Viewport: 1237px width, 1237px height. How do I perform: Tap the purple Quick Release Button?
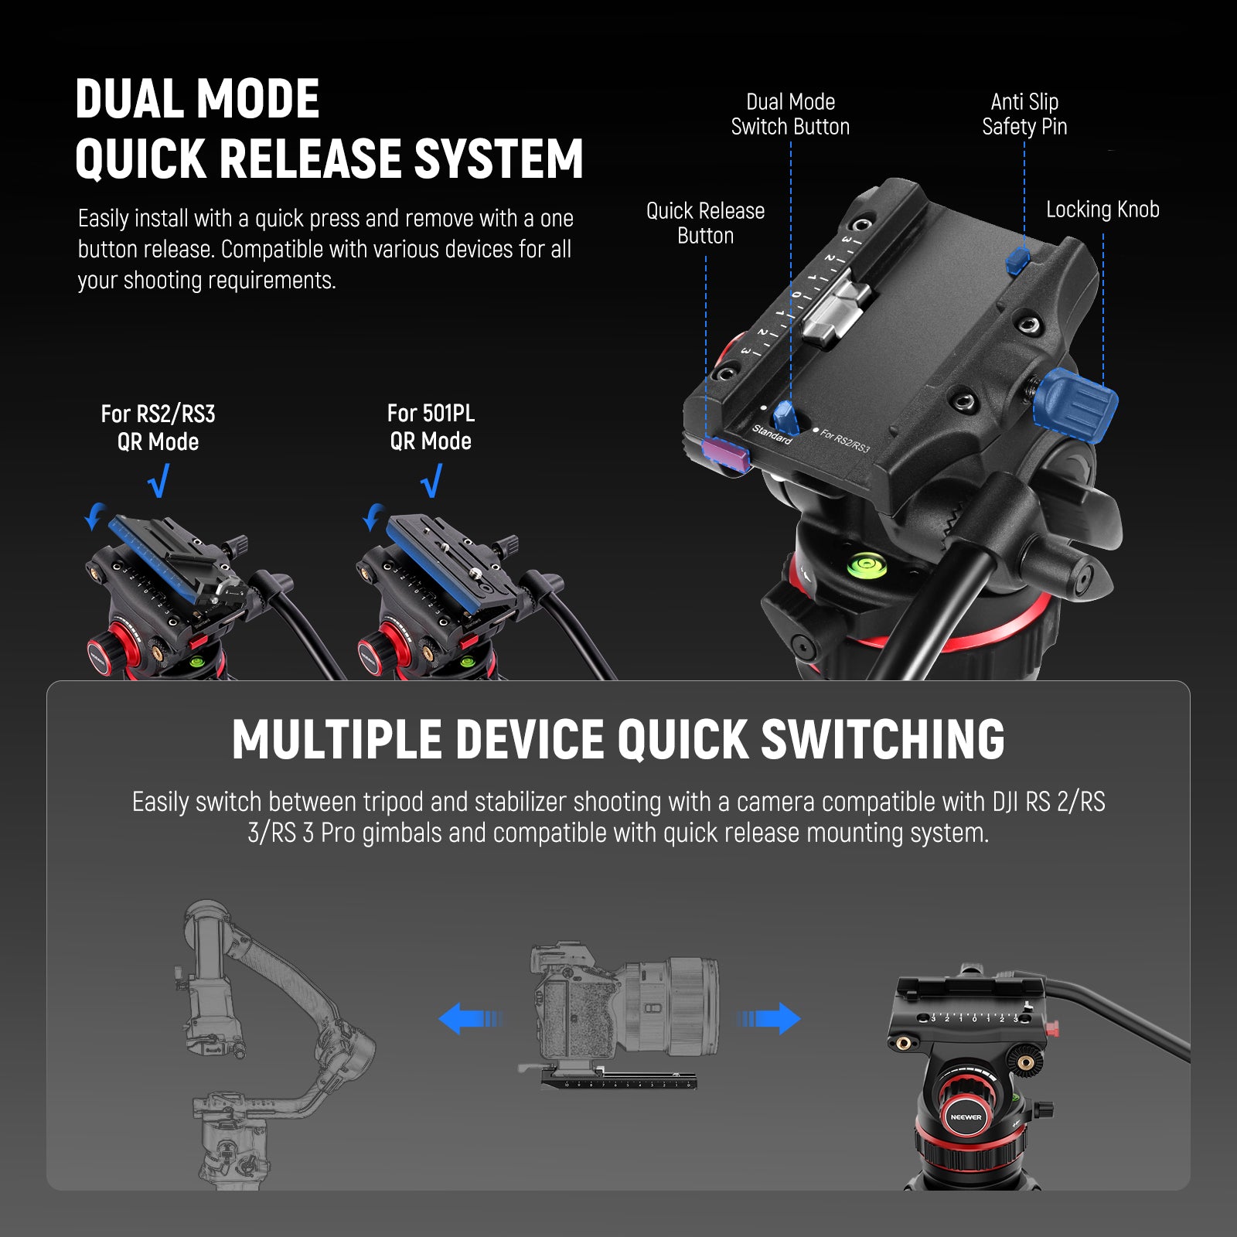click(x=725, y=453)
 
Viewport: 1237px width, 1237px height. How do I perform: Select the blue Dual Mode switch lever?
click(x=786, y=417)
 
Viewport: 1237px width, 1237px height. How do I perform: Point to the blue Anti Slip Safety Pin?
click(x=1017, y=261)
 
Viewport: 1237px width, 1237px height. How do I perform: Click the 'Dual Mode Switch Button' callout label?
click(x=790, y=114)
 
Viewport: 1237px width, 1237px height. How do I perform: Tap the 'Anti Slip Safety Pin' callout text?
click(x=1024, y=114)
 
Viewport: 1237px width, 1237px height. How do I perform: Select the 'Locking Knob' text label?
click(x=1102, y=210)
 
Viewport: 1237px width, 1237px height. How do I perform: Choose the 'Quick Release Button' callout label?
click(x=705, y=223)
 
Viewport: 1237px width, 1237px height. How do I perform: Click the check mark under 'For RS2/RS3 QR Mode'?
click(x=158, y=481)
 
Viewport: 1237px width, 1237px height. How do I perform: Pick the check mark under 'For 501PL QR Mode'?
click(x=431, y=481)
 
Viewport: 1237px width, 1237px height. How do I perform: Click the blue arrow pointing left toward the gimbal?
click(x=468, y=1019)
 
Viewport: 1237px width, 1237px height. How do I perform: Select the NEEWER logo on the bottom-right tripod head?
click(x=966, y=1117)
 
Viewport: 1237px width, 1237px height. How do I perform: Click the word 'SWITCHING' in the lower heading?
click(x=883, y=740)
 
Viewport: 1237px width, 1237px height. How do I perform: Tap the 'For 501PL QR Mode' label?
click(x=431, y=427)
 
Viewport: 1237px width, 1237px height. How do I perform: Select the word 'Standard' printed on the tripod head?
click(x=772, y=434)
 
